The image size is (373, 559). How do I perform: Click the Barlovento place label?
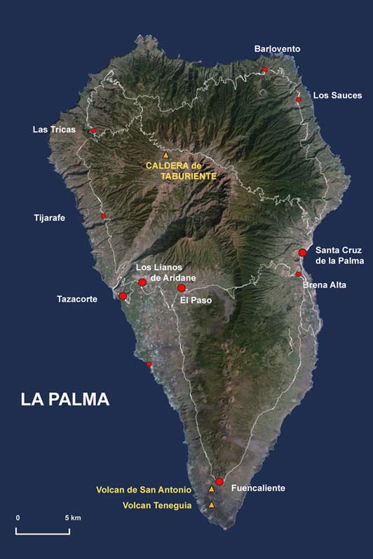[277, 48]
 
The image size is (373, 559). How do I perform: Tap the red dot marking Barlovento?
[264, 69]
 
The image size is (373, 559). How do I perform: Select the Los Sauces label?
[337, 95]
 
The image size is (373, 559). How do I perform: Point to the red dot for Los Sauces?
[298, 99]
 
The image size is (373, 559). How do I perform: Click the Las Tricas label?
[54, 130]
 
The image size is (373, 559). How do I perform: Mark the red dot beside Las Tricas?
[93, 130]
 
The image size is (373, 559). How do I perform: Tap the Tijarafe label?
[49, 218]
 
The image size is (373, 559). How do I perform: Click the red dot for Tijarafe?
[103, 216]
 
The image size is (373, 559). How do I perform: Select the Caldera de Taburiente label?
[180, 171]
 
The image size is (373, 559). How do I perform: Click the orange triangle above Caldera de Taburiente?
[165, 155]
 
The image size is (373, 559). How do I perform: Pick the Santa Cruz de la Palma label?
[339, 255]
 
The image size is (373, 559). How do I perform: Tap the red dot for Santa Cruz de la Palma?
[302, 252]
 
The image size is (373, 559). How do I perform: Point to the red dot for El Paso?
[181, 288]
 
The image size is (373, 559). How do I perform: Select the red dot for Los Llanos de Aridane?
[142, 282]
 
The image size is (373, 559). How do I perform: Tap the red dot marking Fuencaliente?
[219, 481]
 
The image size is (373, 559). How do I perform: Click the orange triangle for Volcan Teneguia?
[212, 505]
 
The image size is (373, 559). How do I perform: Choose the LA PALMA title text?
[65, 399]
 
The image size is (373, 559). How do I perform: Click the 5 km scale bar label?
[73, 517]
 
